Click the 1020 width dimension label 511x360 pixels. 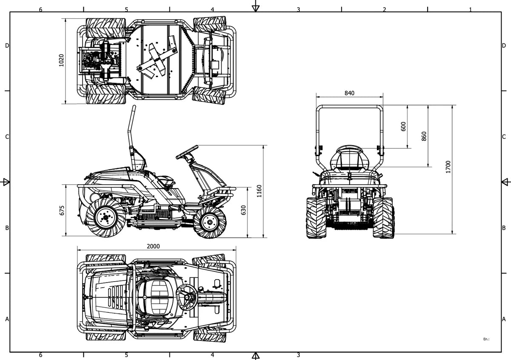coord(61,60)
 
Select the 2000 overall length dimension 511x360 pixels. coord(153,246)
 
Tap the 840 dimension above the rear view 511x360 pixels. coord(350,93)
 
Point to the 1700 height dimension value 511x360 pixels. coord(448,167)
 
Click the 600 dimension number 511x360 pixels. coord(403,126)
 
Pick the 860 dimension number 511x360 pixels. coord(424,136)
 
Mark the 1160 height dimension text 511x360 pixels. coord(259,191)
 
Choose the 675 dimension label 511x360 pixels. coord(62,210)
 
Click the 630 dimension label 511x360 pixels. coord(244,210)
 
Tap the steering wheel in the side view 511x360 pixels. coord(187,152)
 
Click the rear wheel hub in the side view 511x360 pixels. coord(106,217)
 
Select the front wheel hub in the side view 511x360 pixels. coord(209,222)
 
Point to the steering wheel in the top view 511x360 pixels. coord(187,297)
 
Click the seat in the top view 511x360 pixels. coord(158,297)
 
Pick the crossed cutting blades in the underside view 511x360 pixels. coord(158,60)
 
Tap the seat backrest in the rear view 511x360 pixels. coord(350,158)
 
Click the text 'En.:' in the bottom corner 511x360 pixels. coord(486,339)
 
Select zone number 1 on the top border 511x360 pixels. coord(470,10)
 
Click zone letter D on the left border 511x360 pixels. coord(7,46)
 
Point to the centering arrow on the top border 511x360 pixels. coord(256,8)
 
